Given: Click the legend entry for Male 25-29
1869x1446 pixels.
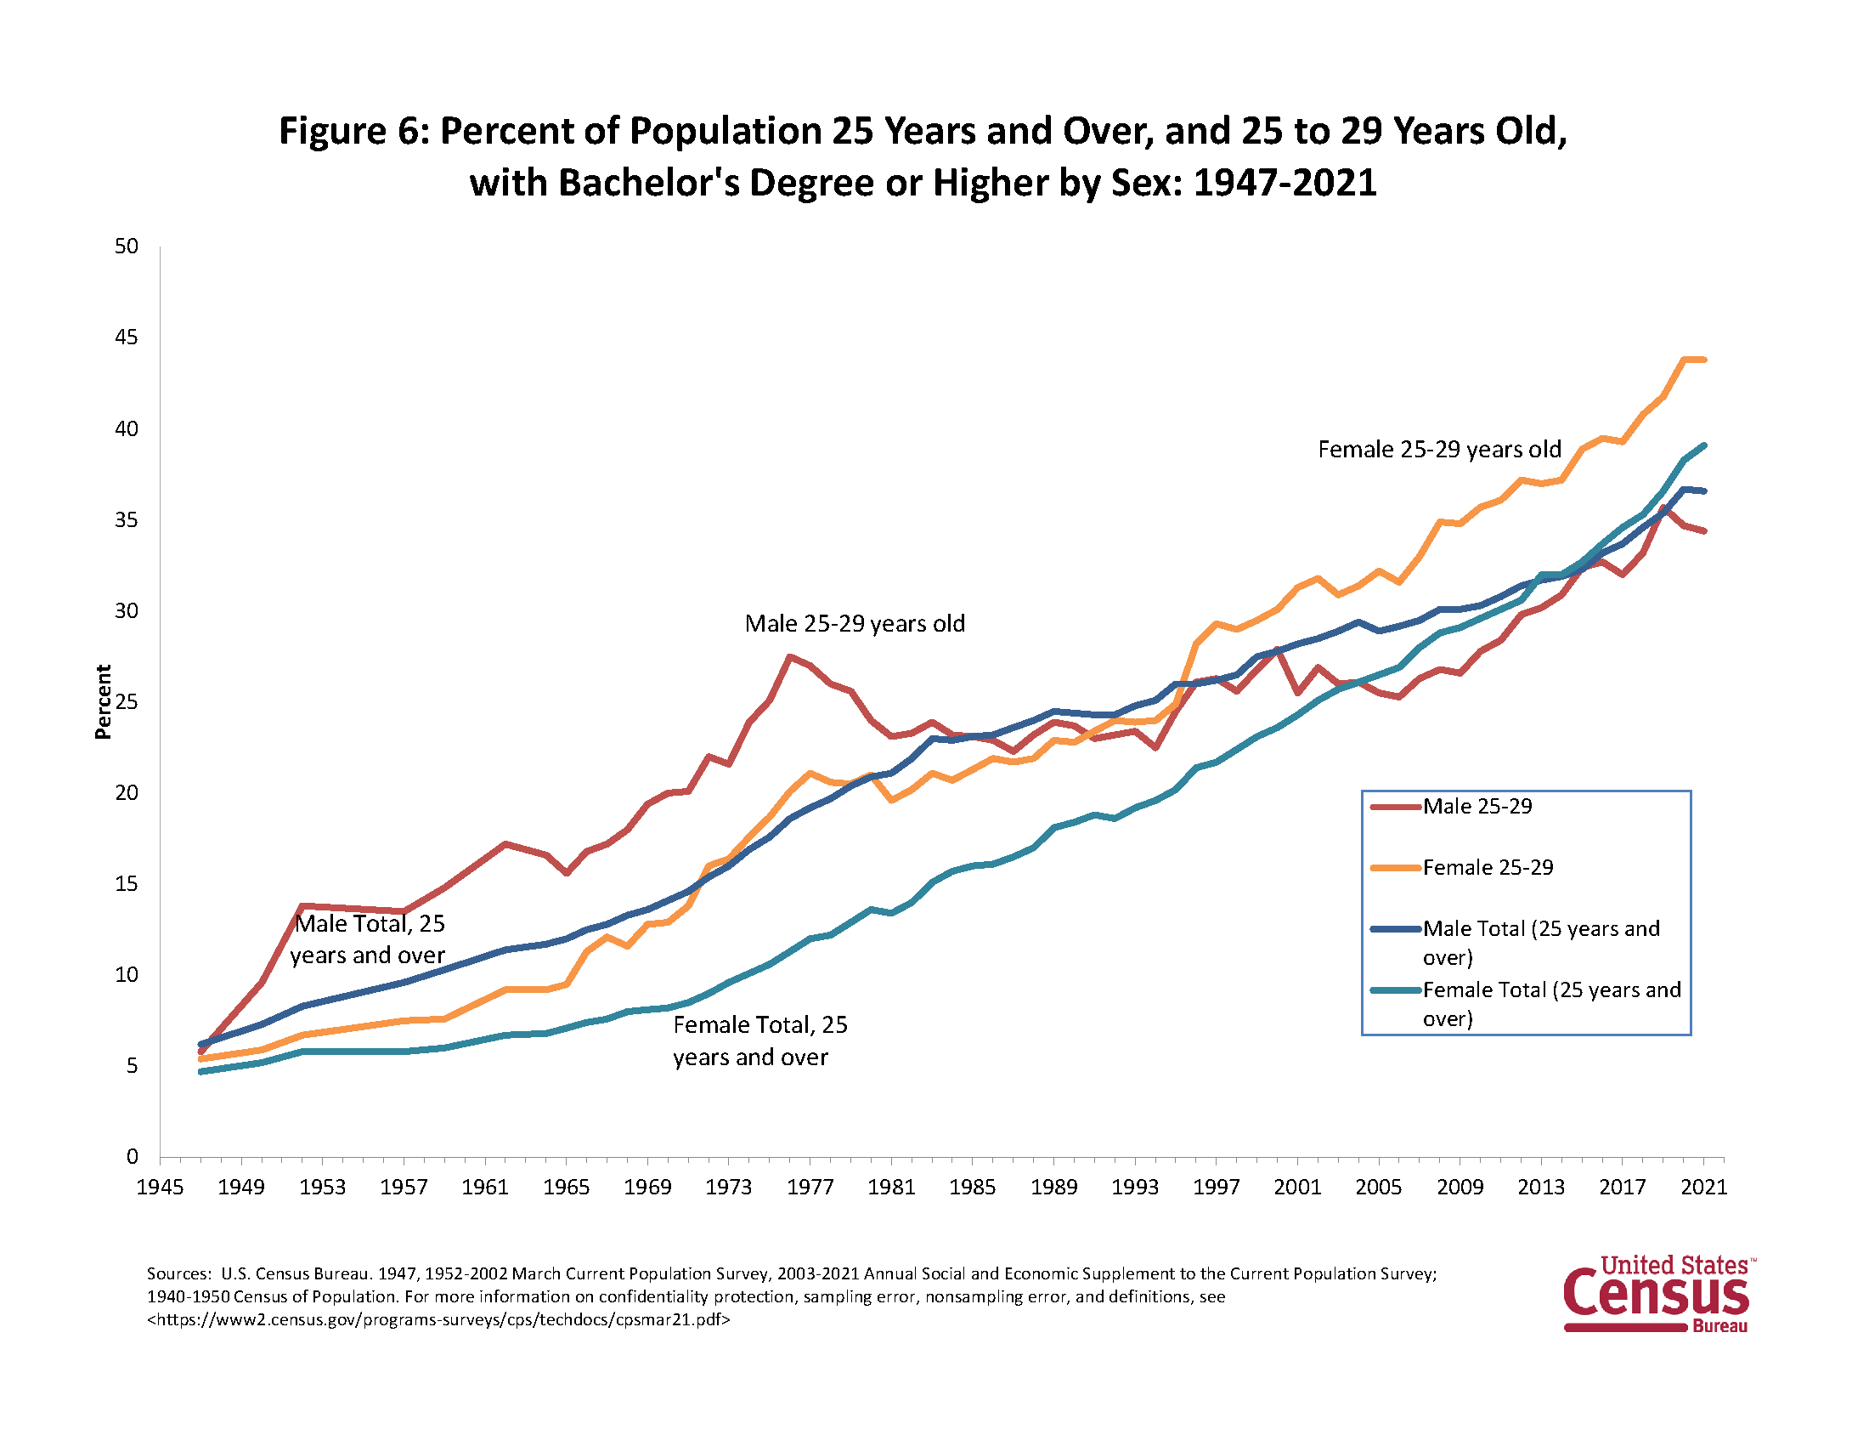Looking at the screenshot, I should (1477, 807).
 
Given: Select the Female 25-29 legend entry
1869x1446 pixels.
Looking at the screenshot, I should (1488, 867).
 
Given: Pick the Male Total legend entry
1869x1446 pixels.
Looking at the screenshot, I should (1540, 929).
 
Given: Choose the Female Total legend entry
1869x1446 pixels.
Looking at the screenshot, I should (1550, 990).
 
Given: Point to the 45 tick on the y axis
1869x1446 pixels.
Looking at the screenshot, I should (127, 337).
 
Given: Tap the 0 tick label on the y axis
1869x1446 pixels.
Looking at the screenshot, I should (132, 1157).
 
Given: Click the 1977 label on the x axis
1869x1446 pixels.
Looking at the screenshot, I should (810, 1188).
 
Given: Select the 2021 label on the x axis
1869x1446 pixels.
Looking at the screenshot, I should (1703, 1188).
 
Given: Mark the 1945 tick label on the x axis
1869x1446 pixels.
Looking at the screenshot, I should (160, 1188).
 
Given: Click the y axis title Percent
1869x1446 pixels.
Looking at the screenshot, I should (104, 702).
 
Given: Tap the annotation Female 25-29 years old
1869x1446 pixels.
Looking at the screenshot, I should (1438, 450).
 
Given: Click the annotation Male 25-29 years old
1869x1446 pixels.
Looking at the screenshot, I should (854, 623).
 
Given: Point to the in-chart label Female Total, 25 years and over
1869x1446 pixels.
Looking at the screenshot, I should (759, 1041).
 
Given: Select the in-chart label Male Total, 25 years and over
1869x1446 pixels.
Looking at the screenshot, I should (368, 939).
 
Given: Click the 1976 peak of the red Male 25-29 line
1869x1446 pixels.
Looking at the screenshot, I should (789, 656).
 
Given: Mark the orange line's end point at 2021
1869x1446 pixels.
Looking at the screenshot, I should (1704, 360).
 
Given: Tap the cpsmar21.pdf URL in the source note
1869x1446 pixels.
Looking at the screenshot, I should (438, 1319).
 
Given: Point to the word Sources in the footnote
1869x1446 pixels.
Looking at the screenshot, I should (178, 1274).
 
